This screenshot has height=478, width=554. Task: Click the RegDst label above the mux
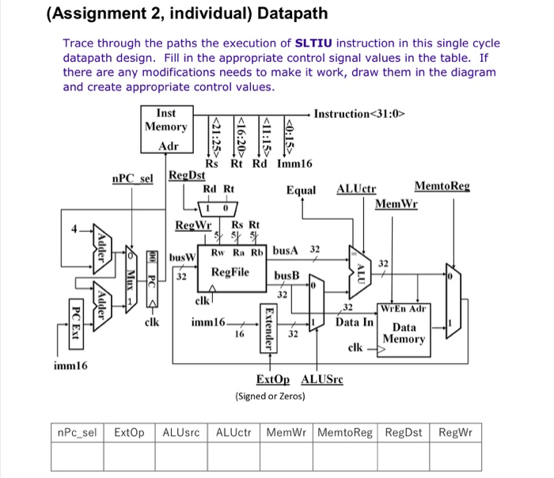186,175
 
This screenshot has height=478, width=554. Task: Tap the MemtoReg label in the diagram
442,187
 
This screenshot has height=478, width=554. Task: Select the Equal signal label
301,190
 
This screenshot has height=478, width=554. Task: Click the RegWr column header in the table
454,433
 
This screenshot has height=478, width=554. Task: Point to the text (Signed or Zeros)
270,395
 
